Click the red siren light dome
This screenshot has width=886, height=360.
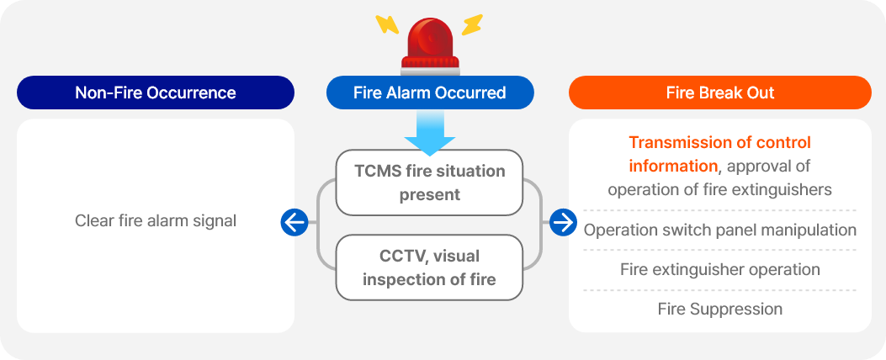(431, 39)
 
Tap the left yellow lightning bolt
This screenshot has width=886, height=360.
(387, 24)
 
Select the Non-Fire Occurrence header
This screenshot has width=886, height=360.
(156, 93)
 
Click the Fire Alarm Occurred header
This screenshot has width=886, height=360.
(430, 93)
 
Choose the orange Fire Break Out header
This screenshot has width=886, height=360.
(720, 93)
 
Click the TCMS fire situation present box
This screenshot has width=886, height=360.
(429, 183)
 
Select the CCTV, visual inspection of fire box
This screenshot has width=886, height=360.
(429, 267)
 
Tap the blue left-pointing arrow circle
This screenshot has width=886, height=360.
(294, 223)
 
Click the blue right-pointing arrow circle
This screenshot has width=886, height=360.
(563, 223)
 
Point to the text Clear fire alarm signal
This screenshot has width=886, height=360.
(156, 220)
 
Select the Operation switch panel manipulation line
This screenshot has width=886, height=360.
(720, 230)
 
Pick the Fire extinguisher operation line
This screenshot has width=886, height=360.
(720, 269)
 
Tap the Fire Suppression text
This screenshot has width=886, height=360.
(720, 310)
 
